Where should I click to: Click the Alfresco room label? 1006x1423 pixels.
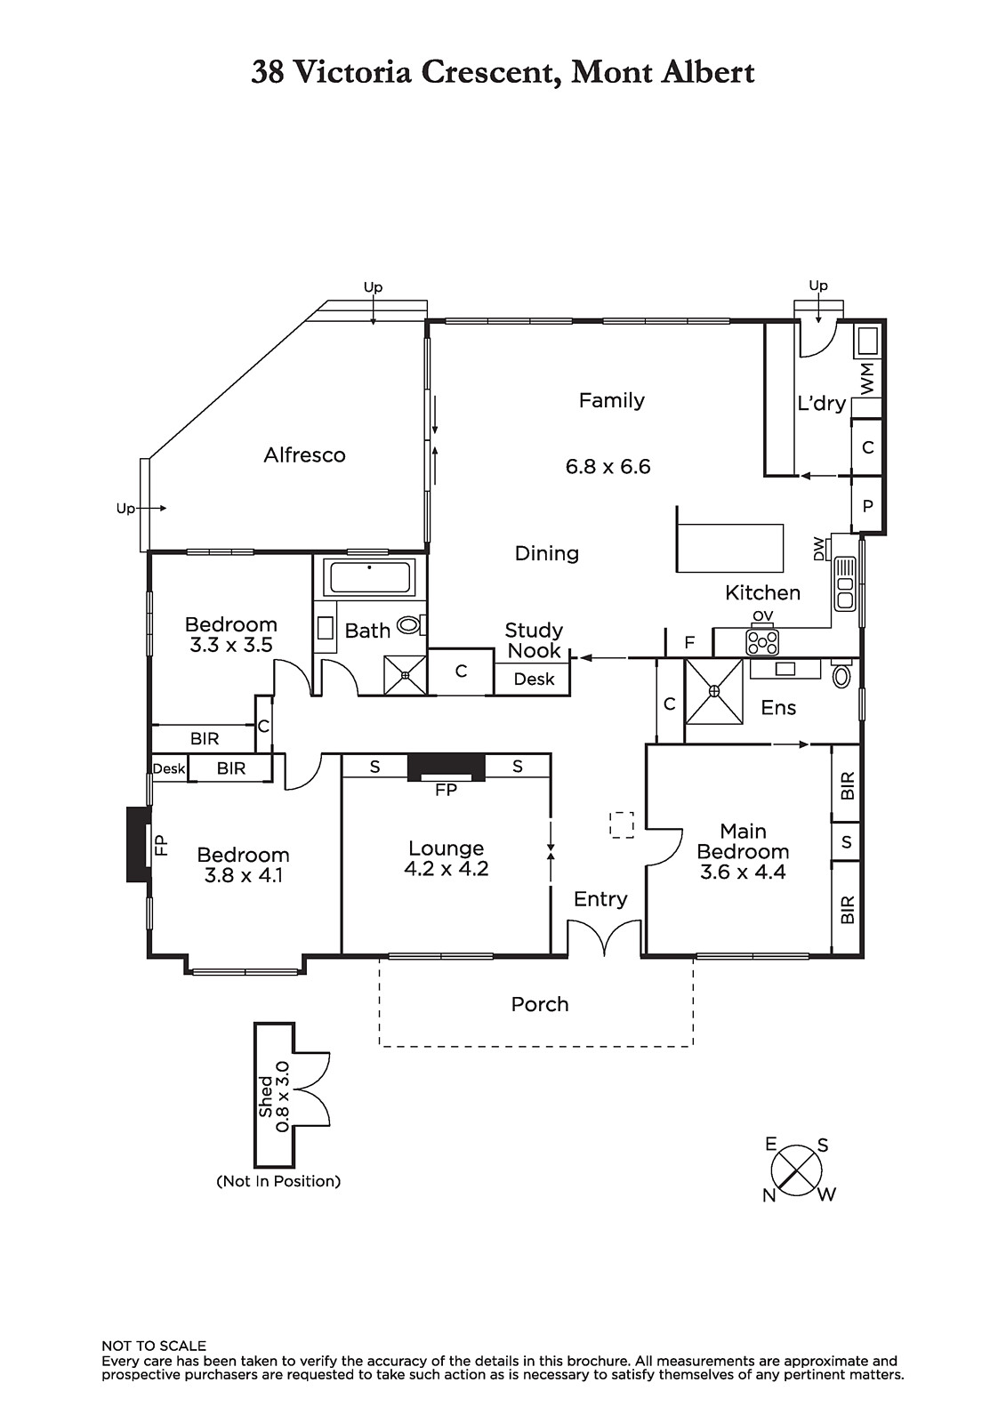click(304, 455)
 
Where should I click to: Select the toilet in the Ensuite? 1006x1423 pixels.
click(841, 676)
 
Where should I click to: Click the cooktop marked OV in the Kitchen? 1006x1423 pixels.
click(762, 640)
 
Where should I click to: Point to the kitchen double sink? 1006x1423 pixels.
click(844, 583)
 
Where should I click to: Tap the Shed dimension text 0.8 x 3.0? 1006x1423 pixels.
click(283, 1096)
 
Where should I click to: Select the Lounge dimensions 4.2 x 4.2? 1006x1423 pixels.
click(446, 869)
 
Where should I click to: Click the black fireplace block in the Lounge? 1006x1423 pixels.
click(446, 765)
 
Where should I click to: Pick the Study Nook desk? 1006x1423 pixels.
click(534, 679)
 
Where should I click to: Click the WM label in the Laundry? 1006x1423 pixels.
click(867, 379)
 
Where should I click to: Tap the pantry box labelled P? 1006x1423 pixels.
click(867, 505)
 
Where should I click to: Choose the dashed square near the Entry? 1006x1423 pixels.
click(622, 824)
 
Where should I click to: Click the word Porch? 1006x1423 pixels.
click(539, 1004)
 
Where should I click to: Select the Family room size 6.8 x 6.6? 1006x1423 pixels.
click(608, 467)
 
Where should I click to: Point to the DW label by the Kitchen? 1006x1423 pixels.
click(819, 549)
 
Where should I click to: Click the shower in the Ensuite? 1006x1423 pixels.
click(713, 690)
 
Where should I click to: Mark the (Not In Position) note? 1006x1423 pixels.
click(278, 1181)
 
